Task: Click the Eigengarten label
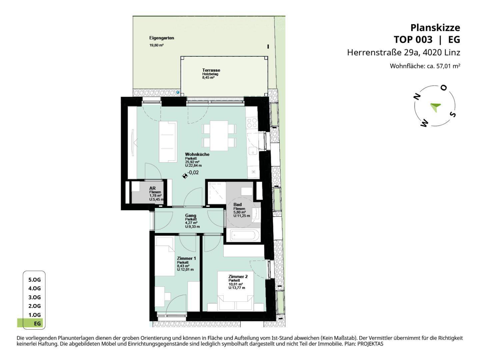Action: (x=162, y=38)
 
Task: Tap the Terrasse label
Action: (x=211, y=70)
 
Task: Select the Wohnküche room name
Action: (x=197, y=154)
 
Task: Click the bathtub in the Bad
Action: (x=243, y=235)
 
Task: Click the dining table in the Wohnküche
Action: (x=219, y=136)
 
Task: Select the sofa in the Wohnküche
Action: (x=168, y=142)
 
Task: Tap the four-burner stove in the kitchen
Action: (x=252, y=123)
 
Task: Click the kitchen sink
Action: (x=253, y=151)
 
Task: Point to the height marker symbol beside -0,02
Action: (x=185, y=176)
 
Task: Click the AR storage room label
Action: (x=152, y=188)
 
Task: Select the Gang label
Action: (x=190, y=216)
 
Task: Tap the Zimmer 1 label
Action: (x=186, y=258)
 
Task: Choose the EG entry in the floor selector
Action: (x=37, y=323)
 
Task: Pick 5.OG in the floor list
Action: (x=34, y=280)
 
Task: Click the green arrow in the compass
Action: (x=435, y=107)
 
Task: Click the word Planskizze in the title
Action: (x=435, y=28)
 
